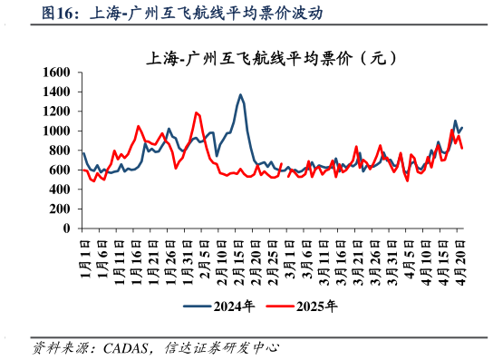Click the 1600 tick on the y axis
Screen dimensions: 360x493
pyautogui.click(x=56, y=73)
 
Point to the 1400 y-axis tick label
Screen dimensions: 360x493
pyautogui.click(x=56, y=92)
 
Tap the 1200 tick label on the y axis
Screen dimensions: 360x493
pyautogui.click(x=56, y=112)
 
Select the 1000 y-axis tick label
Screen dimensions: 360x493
pyautogui.click(x=56, y=131)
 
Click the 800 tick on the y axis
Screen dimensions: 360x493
pyautogui.click(x=60, y=151)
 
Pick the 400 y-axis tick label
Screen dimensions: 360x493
pyautogui.click(x=60, y=190)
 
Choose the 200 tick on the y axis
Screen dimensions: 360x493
pyautogui.click(x=60, y=209)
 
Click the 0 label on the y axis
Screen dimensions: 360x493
pyautogui.click(x=67, y=229)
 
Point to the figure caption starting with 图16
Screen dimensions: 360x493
pyautogui.click(x=181, y=14)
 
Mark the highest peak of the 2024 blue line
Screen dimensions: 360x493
pyautogui.click(x=240, y=94)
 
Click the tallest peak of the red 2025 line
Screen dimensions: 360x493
pyautogui.click(x=197, y=112)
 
